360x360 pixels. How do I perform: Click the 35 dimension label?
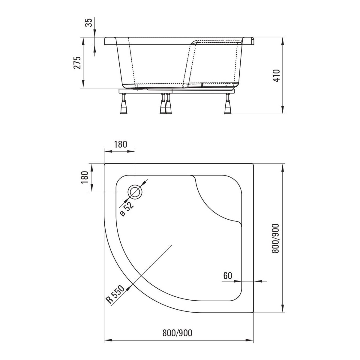[89, 22]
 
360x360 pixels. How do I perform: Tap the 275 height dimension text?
[77, 63]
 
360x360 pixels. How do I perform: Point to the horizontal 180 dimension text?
[121, 144]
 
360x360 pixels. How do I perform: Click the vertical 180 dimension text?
[85, 177]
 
